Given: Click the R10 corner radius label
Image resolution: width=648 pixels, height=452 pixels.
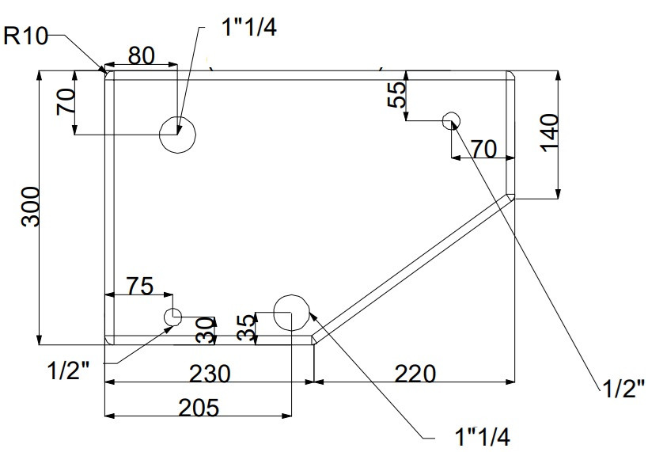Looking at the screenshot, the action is click(x=25, y=36).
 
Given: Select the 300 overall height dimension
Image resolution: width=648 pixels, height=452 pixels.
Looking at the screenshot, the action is click(x=31, y=207).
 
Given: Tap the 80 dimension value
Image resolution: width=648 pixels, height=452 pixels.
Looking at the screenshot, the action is click(x=142, y=56).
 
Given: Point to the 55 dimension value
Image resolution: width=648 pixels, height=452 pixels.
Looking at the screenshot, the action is click(x=396, y=95).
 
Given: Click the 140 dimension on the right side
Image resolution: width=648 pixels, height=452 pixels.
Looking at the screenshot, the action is click(x=549, y=133).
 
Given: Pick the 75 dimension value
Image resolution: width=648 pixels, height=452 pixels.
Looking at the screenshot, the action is click(x=140, y=286).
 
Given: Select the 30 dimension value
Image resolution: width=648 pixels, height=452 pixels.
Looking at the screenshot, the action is click(x=206, y=330).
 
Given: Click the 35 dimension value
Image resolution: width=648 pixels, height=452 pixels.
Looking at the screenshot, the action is click(x=247, y=328).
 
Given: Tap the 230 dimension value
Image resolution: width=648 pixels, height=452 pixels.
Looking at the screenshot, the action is click(x=210, y=374).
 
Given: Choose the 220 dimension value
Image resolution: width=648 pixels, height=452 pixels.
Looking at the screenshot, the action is click(x=415, y=374).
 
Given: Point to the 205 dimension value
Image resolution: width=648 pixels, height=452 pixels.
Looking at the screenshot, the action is click(x=199, y=408).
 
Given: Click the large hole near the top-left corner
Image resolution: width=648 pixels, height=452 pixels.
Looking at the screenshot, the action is click(x=177, y=135).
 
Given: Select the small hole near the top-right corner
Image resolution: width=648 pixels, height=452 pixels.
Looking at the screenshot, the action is click(x=451, y=121).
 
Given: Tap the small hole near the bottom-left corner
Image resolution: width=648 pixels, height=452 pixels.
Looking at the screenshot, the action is click(x=172, y=317).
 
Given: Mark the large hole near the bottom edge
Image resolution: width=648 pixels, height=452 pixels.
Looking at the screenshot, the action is click(x=292, y=313).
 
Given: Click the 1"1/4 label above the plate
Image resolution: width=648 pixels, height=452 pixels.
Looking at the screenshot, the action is click(x=249, y=28).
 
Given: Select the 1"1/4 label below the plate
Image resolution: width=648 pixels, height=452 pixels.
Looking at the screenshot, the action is click(x=483, y=436).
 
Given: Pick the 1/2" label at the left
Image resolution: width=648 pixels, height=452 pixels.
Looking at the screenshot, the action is click(x=69, y=370).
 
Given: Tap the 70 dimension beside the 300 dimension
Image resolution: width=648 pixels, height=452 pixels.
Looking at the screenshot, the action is click(x=66, y=102).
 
